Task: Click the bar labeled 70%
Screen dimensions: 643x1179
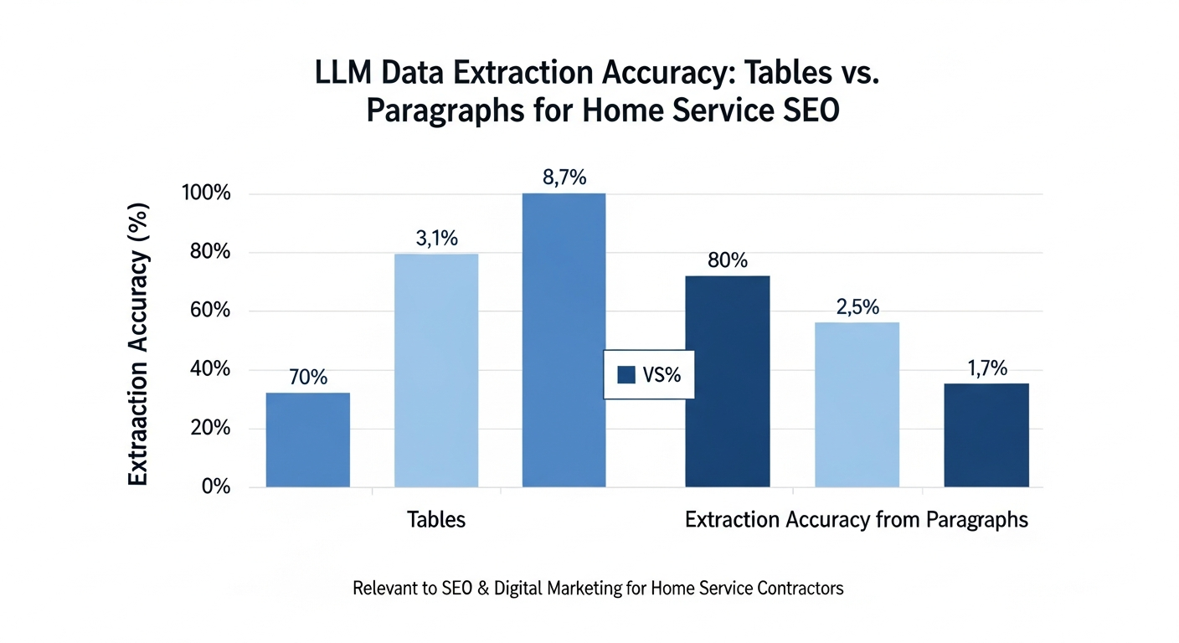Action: click(307, 440)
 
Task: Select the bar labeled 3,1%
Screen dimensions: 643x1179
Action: click(435, 370)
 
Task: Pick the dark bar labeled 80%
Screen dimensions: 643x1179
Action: click(727, 381)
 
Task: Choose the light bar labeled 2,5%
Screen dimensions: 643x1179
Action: click(857, 404)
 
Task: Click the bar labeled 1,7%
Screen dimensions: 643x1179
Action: click(986, 435)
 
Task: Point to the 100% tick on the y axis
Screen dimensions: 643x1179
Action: click(205, 193)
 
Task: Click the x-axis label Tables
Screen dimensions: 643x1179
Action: click(435, 520)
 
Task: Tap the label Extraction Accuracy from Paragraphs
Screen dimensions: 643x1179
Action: click(856, 520)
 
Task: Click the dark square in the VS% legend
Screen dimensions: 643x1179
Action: click(626, 375)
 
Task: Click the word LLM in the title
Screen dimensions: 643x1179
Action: click(344, 74)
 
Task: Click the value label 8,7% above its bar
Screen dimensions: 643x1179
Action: click(564, 177)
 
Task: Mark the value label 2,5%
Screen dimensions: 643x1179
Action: click(857, 307)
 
